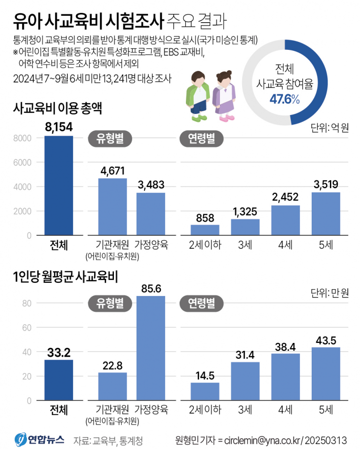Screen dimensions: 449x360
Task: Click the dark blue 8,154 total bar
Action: [59, 186]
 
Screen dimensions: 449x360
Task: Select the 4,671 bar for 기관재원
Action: [112, 207]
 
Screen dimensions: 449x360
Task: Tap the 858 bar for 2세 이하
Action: [205, 230]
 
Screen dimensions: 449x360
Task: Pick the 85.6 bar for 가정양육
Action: [150, 348]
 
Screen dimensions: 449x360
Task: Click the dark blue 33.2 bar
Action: [59, 380]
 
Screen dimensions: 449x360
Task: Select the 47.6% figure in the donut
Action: [285, 99]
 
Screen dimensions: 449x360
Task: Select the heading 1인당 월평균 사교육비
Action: [65, 276]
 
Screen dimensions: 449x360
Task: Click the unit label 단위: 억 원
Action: [329, 128]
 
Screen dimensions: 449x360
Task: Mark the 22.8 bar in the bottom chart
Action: [112, 386]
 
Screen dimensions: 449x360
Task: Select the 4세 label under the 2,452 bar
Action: [285, 245]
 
